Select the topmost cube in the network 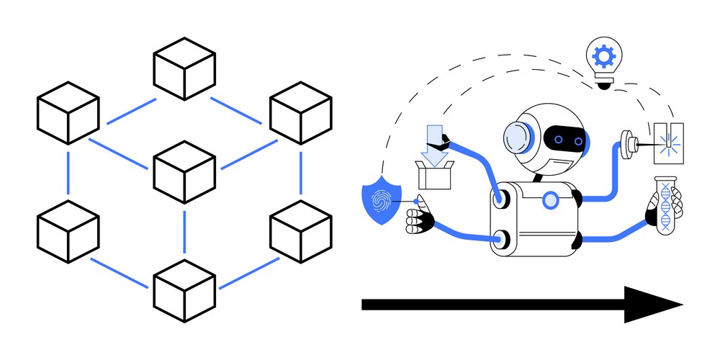184,68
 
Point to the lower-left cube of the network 68,232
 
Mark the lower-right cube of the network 301,232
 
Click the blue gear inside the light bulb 602,55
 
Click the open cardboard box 433,174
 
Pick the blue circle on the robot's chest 551,199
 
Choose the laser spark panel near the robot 670,141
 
